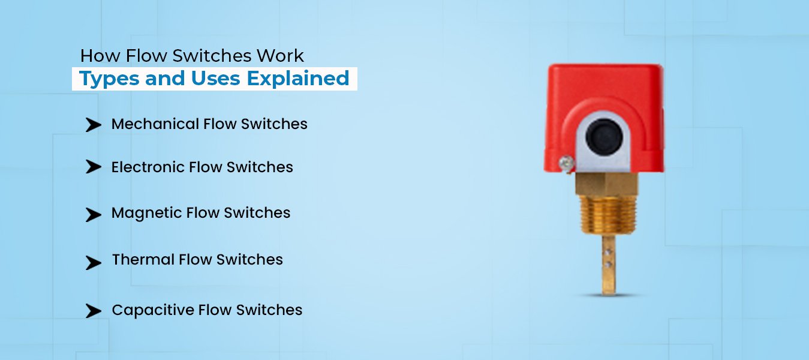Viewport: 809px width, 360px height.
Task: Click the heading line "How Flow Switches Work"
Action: click(x=192, y=56)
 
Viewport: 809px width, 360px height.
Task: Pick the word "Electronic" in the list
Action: click(x=148, y=167)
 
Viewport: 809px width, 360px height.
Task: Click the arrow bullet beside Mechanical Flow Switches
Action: click(x=93, y=125)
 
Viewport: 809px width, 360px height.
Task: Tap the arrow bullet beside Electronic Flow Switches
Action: click(x=93, y=167)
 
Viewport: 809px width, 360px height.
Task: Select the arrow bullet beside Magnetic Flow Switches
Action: click(x=93, y=214)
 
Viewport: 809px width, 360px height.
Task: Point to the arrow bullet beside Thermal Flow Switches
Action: click(x=93, y=262)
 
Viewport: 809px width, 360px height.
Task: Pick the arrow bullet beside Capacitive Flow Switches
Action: click(x=93, y=311)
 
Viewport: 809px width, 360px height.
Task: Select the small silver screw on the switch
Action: click(x=564, y=161)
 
